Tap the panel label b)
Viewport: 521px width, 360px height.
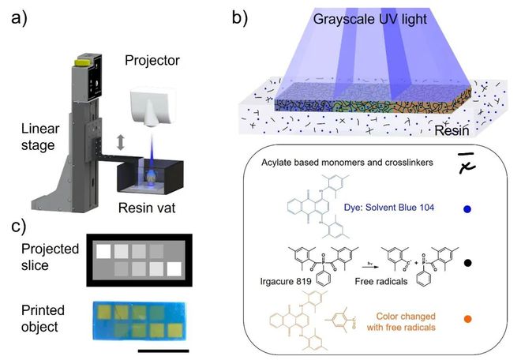[x=246, y=15]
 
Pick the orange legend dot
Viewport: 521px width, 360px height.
[x=469, y=320]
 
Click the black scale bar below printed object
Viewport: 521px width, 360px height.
[x=163, y=348]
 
